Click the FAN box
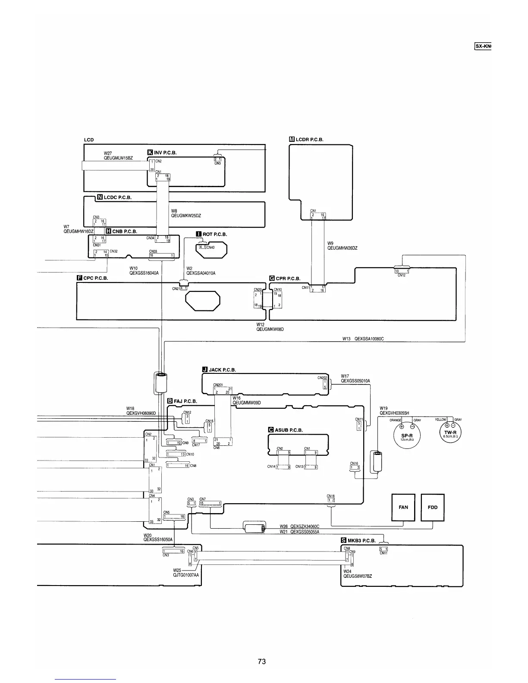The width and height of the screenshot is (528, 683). click(403, 507)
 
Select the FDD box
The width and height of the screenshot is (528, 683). click(432, 507)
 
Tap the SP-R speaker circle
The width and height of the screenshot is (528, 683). click(406, 435)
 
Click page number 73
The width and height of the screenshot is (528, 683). click(262, 661)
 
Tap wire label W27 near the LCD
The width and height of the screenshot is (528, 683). click(108, 153)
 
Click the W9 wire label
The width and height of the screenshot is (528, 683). click(330, 243)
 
